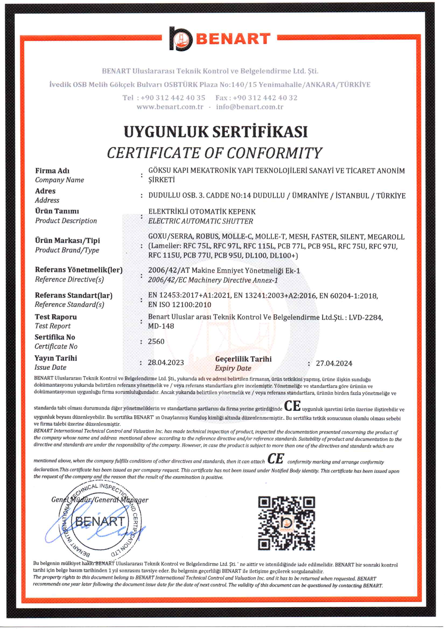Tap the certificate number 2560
[156, 341]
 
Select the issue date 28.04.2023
[166, 363]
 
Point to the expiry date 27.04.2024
[334, 364]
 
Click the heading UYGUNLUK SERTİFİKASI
[216, 132]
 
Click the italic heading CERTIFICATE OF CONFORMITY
[215, 153]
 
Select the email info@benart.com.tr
[250, 107]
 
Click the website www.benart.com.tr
[170, 107]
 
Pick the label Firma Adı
[52, 171]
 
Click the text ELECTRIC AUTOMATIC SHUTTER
[201, 221]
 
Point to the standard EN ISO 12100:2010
[180, 305]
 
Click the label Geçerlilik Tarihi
[243, 359]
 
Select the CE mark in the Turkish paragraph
[292, 406]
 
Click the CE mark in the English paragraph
[276, 459]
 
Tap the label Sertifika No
[55, 337]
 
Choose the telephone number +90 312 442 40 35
[173, 98]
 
